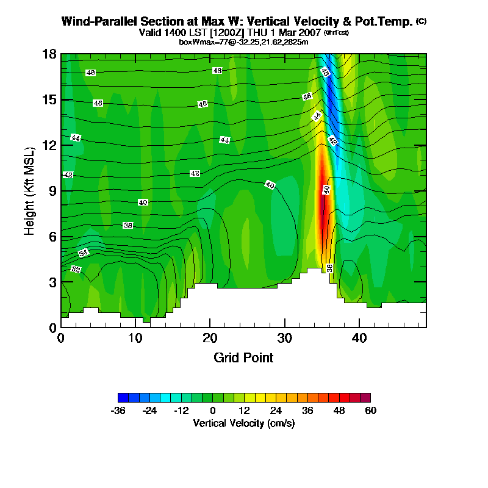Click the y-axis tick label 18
[x=49, y=54]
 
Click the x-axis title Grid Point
[x=243, y=357]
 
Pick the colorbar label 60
[x=370, y=411]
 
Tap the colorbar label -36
[x=118, y=411]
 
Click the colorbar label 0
[x=213, y=411]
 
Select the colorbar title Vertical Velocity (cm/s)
[x=243, y=423]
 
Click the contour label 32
[x=76, y=269]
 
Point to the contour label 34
[x=84, y=253]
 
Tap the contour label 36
[x=128, y=226]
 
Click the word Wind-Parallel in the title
[x=96, y=21]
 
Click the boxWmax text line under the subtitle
[x=243, y=41]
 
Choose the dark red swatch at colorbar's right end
[x=365, y=397]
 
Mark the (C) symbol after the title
[x=421, y=21]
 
